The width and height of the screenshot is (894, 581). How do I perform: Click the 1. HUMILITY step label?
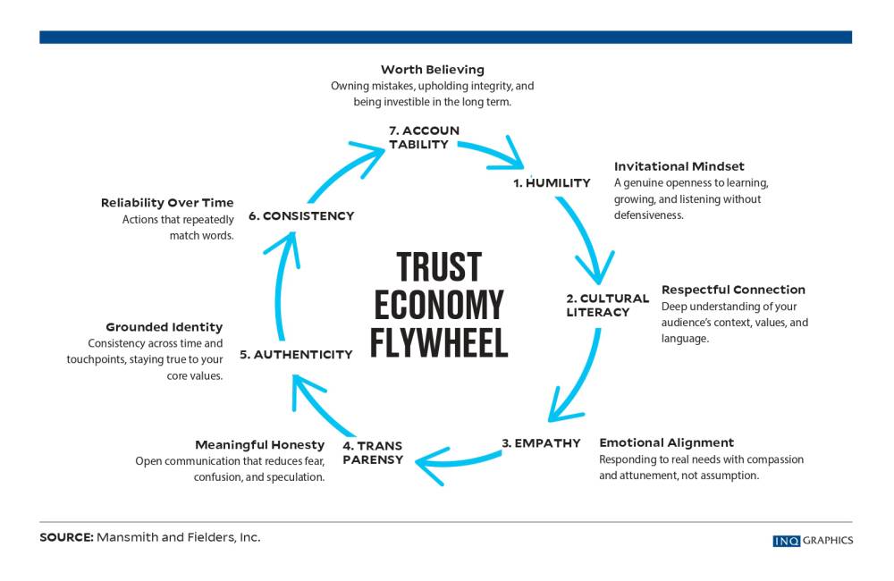click(x=552, y=183)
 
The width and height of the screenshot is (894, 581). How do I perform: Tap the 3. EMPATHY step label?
click(x=541, y=442)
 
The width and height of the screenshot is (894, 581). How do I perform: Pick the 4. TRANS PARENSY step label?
click(x=373, y=452)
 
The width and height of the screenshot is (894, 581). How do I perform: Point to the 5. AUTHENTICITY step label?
click(x=296, y=355)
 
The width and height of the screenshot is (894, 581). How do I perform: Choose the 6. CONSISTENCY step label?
click(x=301, y=215)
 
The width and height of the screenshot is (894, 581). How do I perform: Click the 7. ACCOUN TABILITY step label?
click(x=424, y=137)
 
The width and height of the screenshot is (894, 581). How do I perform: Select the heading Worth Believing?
click(x=432, y=69)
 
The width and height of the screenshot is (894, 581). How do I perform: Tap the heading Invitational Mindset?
click(x=679, y=166)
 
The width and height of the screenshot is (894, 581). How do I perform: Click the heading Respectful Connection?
click(x=733, y=290)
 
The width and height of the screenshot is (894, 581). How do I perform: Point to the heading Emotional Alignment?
click(x=666, y=442)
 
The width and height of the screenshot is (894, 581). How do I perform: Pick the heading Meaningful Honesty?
click(x=259, y=444)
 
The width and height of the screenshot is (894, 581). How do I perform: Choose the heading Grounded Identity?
click(x=164, y=327)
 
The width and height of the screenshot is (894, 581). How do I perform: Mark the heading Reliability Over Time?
click(x=167, y=203)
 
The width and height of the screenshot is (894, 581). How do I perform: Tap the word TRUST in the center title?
click(x=439, y=267)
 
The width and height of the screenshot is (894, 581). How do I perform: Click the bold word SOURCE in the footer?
click(x=64, y=538)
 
